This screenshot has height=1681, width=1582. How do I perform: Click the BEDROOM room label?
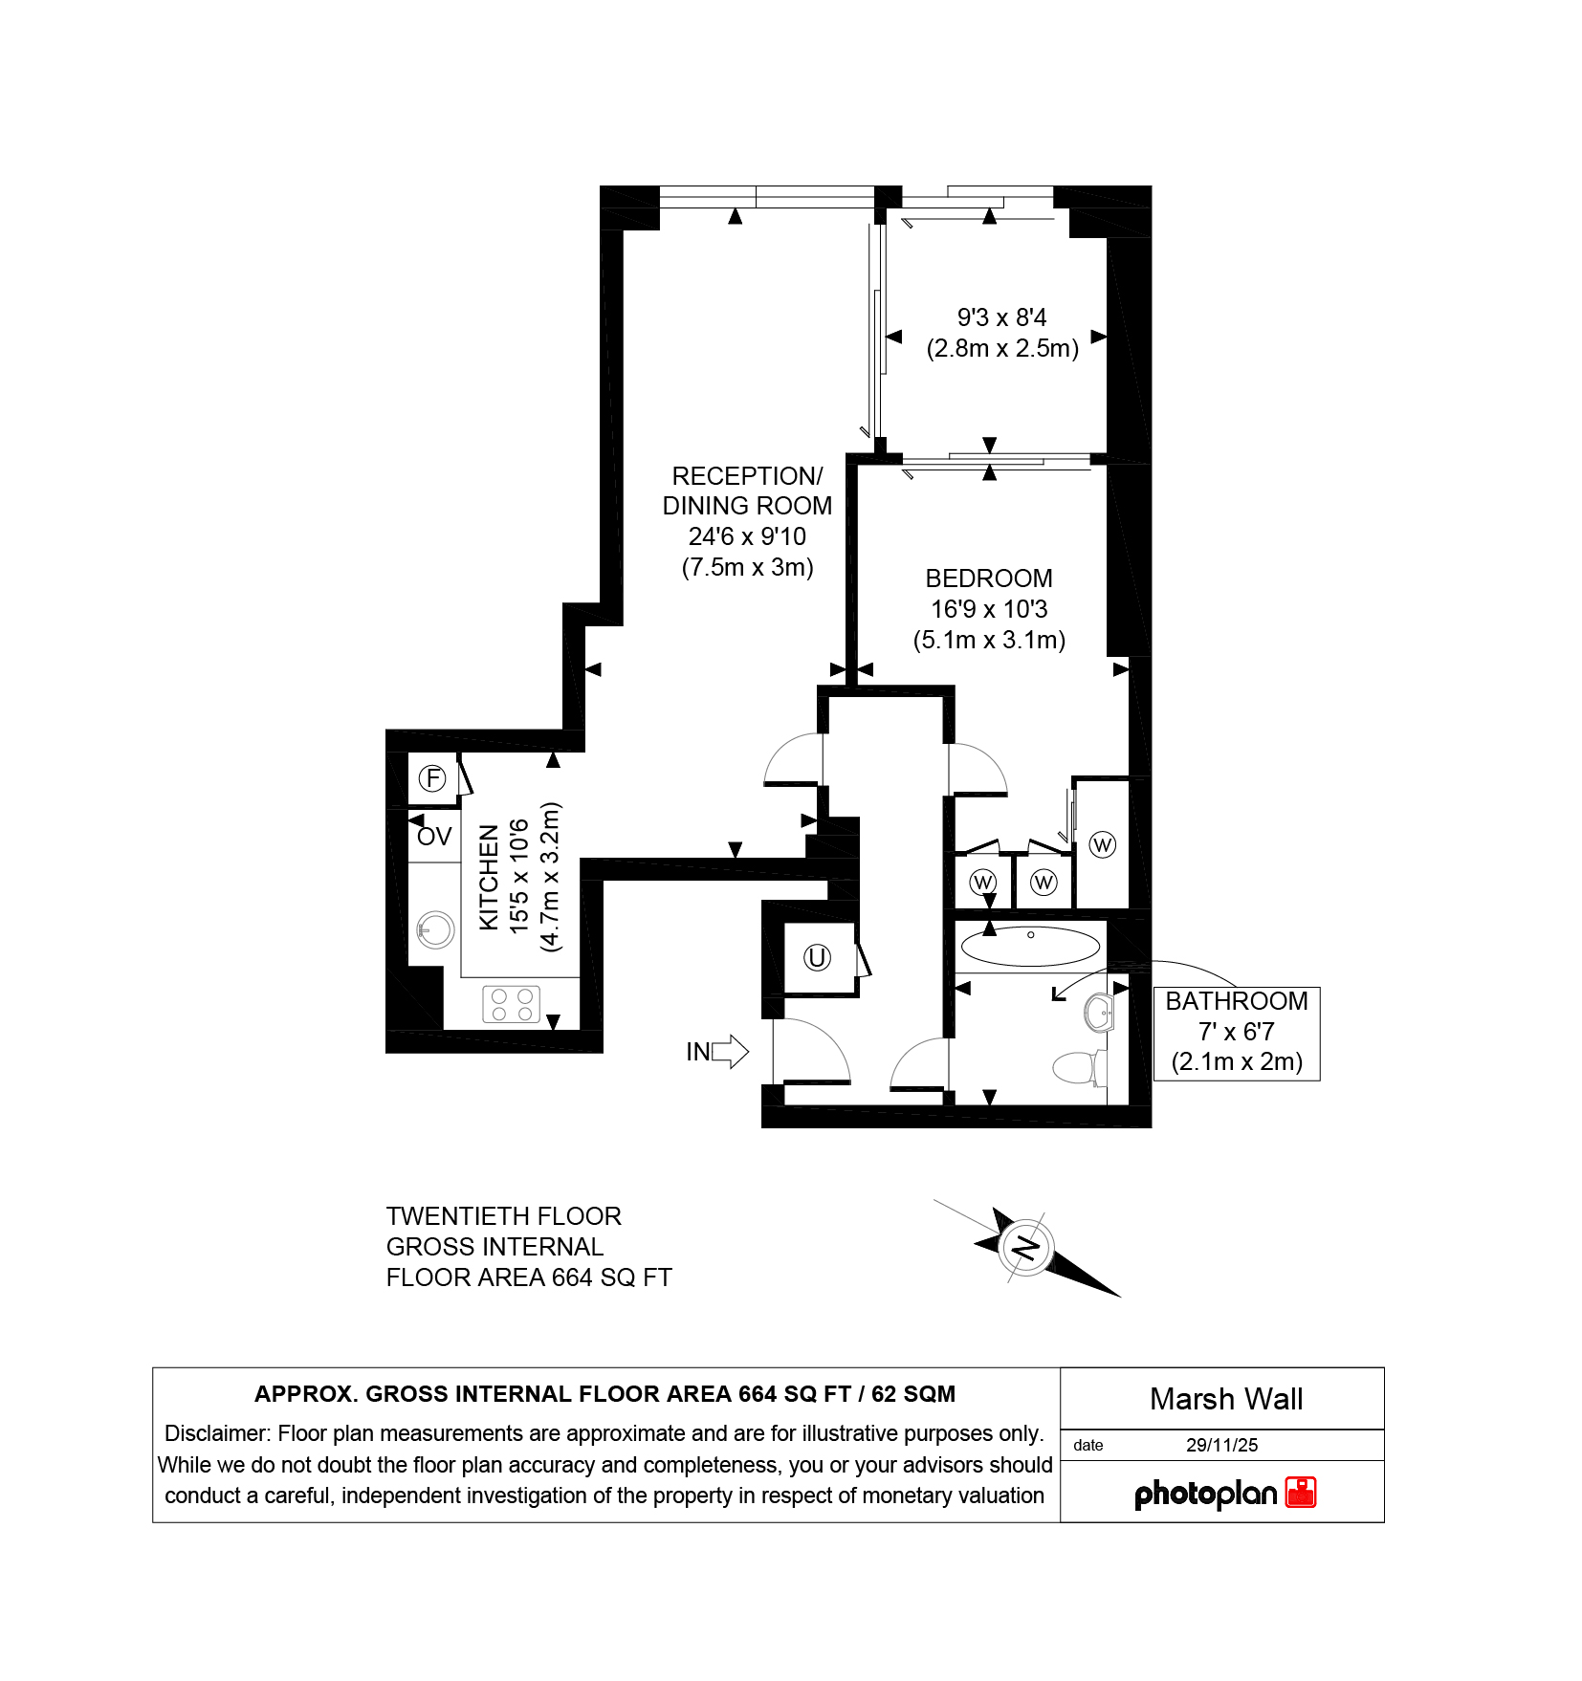(989, 579)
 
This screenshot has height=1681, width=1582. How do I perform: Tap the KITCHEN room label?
(489, 877)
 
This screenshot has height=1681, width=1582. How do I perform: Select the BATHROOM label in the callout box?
(1236, 1001)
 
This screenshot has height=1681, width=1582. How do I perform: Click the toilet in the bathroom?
(1080, 1067)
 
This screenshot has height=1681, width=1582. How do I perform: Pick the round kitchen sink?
(435, 929)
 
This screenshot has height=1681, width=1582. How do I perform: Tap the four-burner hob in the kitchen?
(512, 1004)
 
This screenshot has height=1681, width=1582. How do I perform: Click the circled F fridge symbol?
(433, 778)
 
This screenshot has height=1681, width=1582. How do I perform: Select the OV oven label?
(434, 837)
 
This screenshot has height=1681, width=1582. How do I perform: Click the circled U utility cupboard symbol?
(817, 957)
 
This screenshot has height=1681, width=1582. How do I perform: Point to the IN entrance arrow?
(717, 1052)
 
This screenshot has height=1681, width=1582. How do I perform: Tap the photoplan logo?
(1225, 1493)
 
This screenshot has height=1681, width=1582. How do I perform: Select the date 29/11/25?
(1221, 1445)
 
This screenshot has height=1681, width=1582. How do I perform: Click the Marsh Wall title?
(1226, 1399)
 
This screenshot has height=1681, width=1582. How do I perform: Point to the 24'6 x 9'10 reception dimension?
(747, 536)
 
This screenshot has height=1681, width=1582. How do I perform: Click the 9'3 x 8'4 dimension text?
(1002, 317)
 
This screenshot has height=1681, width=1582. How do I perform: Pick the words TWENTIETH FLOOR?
(504, 1216)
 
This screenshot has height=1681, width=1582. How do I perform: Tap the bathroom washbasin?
(1099, 1013)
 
